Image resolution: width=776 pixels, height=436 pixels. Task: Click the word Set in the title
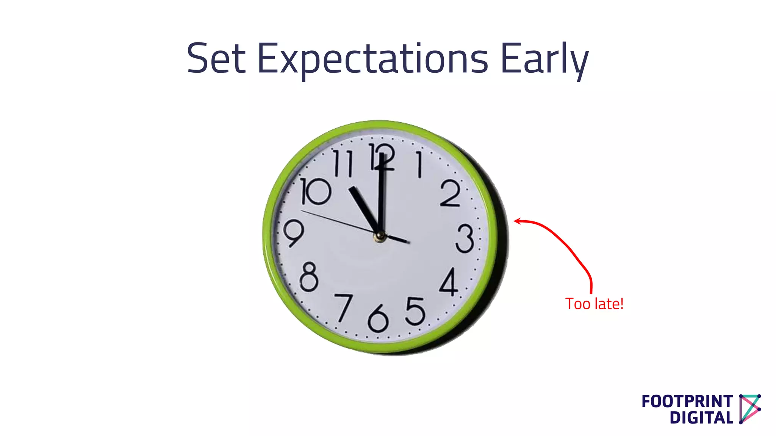click(x=216, y=59)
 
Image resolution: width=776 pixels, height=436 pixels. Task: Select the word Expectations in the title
click(x=373, y=60)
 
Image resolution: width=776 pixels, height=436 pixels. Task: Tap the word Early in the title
click(x=544, y=60)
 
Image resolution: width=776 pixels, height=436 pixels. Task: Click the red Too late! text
click(x=594, y=304)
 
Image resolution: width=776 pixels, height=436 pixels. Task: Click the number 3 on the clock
click(x=465, y=238)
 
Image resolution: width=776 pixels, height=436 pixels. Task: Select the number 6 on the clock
click(x=378, y=319)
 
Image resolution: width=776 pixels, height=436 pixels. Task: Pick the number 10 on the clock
click(x=315, y=192)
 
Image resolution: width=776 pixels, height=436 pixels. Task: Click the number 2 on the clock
click(x=451, y=194)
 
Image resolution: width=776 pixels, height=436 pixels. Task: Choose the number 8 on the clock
click(x=309, y=277)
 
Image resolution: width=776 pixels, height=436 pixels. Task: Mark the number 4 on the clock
click(x=449, y=282)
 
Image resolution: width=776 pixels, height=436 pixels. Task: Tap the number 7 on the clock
click(x=344, y=307)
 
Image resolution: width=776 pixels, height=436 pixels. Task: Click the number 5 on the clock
click(x=415, y=311)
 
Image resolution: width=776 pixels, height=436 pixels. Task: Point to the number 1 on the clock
click(x=419, y=164)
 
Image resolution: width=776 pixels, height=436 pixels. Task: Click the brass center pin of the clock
click(x=379, y=237)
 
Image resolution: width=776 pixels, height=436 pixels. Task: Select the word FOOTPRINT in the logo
click(x=687, y=402)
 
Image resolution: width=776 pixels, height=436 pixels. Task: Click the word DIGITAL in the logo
click(x=701, y=418)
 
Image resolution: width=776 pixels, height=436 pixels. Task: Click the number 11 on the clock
click(x=343, y=163)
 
